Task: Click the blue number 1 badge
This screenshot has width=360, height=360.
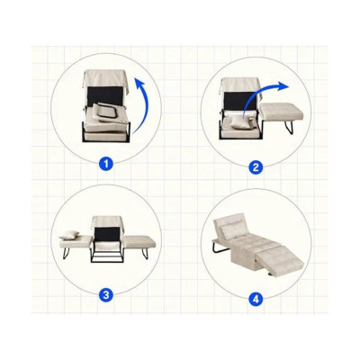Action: pos(106,164)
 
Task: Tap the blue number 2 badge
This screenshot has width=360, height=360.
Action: pos(256,167)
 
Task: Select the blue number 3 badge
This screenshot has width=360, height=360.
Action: pos(106,295)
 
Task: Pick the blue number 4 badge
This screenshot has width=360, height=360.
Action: pos(256,299)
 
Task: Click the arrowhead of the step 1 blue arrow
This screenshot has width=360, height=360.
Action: pos(139,83)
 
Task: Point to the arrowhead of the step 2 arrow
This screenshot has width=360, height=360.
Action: pos(283,85)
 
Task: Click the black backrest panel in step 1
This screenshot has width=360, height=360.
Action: pos(105,95)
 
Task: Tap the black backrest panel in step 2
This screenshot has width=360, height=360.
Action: pos(240,101)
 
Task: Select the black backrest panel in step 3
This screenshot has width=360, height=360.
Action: pos(107,234)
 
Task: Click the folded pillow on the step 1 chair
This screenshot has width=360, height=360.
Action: pos(105,112)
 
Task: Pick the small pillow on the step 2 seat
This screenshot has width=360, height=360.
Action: pos(239,122)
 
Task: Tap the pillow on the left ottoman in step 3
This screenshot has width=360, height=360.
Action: pos(69,235)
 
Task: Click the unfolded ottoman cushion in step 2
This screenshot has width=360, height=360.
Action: pos(282,110)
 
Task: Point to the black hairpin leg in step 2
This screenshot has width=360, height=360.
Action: pos(289,126)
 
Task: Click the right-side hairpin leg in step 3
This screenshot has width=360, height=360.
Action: pos(145,253)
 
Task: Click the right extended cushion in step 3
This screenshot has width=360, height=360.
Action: pos(139,242)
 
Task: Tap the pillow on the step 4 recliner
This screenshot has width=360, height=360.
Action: pos(231,230)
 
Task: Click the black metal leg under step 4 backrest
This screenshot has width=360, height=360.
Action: pos(218,248)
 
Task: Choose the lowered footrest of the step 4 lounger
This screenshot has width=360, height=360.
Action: pos(280,260)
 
